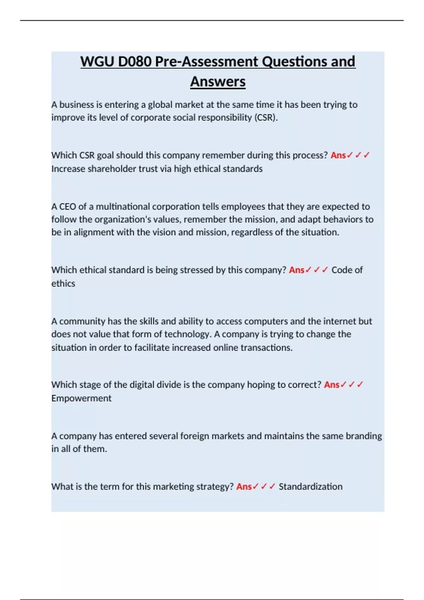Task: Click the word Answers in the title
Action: [x=218, y=82]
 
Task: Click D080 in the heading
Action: [x=135, y=62]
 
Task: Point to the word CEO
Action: [x=67, y=206]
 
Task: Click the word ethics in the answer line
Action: [x=63, y=283]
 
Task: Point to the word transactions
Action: [x=266, y=348]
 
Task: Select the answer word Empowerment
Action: [x=81, y=398]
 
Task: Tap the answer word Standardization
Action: [x=310, y=486]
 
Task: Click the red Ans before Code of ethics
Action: [x=296, y=270]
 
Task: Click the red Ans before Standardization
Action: [x=244, y=486]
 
